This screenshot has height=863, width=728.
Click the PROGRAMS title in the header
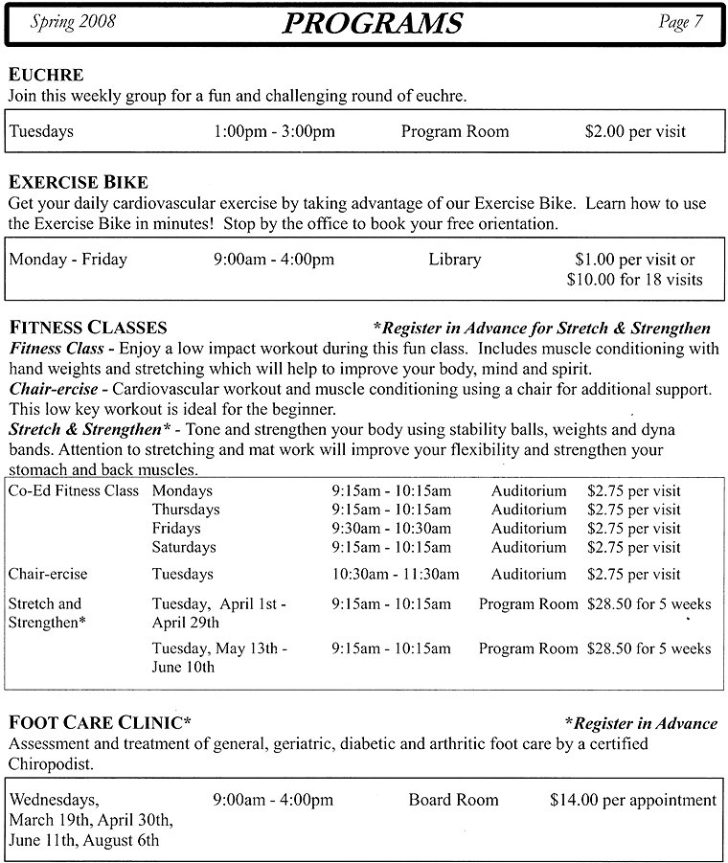[x=373, y=23]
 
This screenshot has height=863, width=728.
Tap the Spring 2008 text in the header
[x=74, y=21]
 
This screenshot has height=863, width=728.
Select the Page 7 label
[x=680, y=22]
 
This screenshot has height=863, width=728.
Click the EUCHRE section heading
[x=46, y=75]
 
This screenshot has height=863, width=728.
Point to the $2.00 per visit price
[x=635, y=131]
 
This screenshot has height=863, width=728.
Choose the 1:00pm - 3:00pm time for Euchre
[x=274, y=131]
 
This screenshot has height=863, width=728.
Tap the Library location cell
[x=455, y=259]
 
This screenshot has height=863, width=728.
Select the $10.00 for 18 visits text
[x=635, y=280]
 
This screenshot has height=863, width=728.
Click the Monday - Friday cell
[x=68, y=259]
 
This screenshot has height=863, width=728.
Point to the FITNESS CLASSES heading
[x=87, y=329]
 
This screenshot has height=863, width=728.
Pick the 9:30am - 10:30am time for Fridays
[x=391, y=528]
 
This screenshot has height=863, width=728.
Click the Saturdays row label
[x=184, y=547]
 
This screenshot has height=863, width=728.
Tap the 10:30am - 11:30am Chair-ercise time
[x=396, y=574]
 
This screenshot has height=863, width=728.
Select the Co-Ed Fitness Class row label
[x=75, y=489]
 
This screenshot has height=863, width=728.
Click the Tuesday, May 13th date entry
[x=219, y=648]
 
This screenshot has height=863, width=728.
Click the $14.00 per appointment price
[x=633, y=800]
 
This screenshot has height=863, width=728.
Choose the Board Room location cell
[x=453, y=800]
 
